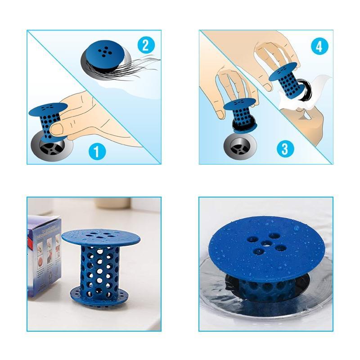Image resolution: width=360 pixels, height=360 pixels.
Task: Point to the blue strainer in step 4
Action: [284, 81]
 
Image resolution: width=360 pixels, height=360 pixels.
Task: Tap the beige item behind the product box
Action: [112, 203]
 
